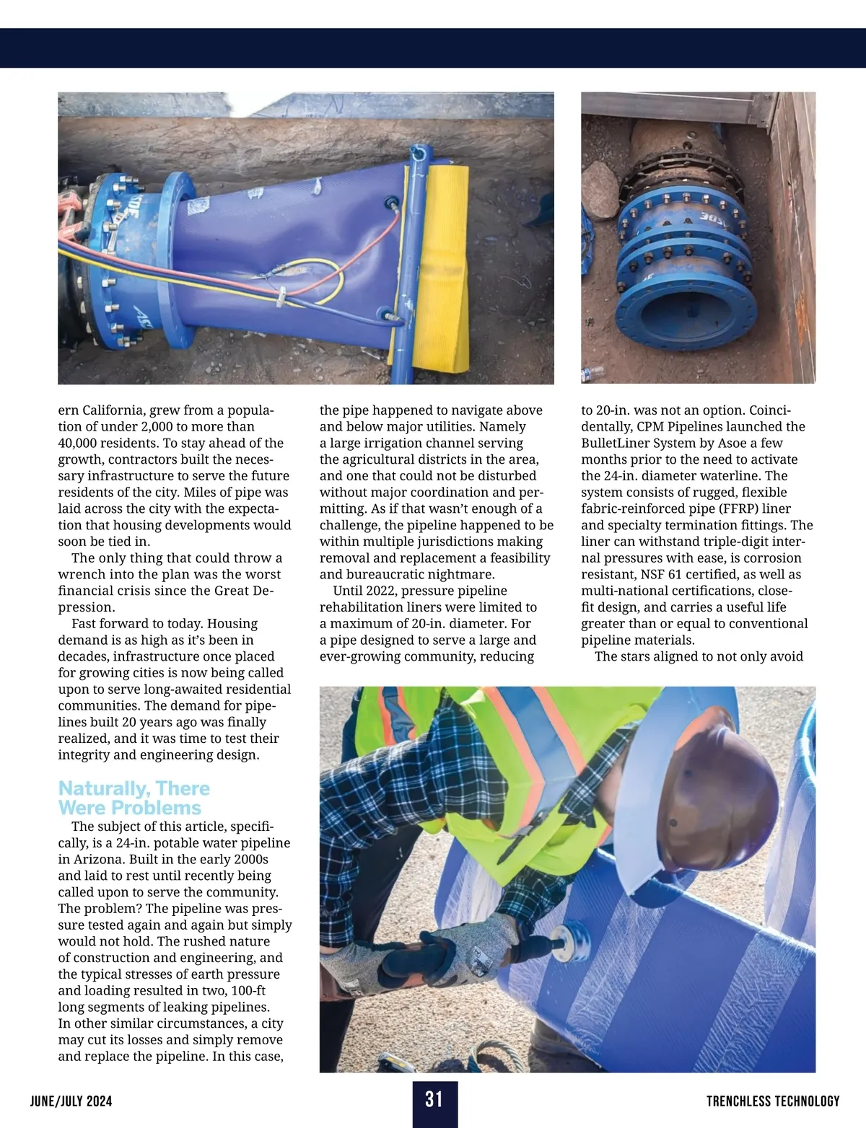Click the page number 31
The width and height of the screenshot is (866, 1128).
coord(434,1099)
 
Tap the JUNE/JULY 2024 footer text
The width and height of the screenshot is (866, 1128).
coord(71,1101)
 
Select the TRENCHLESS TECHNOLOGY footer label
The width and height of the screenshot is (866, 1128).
coord(773,1101)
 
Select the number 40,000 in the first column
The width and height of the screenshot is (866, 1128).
coord(81,443)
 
